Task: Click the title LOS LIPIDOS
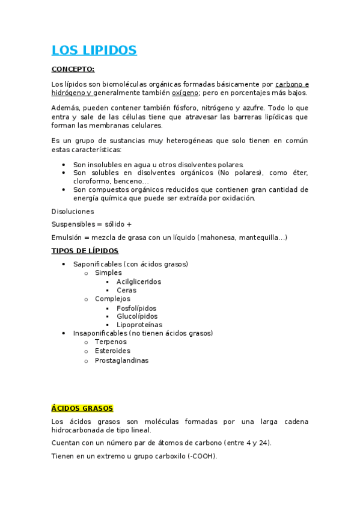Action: pos(94,50)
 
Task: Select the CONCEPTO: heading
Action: pos(73,69)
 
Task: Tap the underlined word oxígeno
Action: pos(185,93)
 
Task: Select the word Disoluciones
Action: pos(73,212)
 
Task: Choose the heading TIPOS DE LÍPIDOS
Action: pos(85,251)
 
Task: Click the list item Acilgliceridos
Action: pos(139,281)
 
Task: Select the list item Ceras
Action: pos(126,290)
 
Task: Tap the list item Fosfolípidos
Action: pos(136,308)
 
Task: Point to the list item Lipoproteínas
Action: pos(139,325)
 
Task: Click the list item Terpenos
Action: pos(111,342)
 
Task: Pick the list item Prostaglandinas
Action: pos(121,360)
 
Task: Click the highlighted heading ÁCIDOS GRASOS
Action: pos(82,408)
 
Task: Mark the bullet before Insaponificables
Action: pos(64,333)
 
